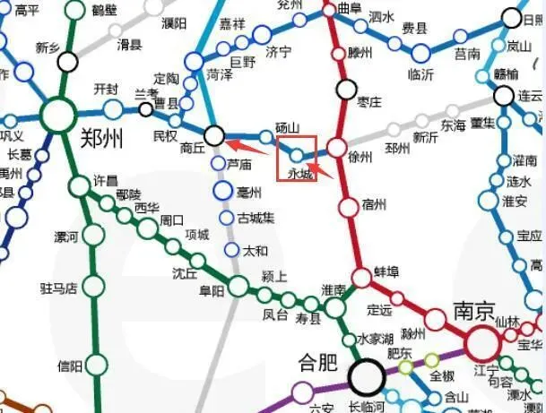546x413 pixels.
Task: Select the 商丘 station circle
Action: coord(214,135)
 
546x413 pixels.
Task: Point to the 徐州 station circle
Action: coord(337,148)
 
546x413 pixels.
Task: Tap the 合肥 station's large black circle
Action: coord(367,377)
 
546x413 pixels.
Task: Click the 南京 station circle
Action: coord(482,341)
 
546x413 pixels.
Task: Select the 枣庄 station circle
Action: coord(347,89)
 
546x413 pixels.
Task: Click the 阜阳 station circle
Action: coord(238,287)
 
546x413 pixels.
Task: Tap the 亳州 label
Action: coord(249,192)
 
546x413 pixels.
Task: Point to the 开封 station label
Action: coord(107,90)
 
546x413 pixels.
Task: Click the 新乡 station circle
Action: coord(67,61)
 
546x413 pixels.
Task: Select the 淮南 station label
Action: coord(334,289)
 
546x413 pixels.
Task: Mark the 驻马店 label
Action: coord(58,288)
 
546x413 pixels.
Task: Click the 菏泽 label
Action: coord(219,74)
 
